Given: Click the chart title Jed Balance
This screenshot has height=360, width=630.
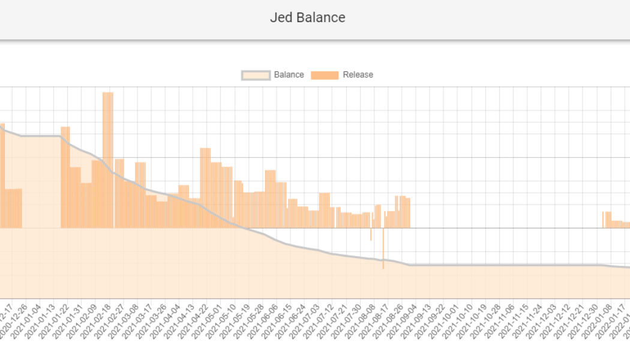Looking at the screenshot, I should (x=307, y=17).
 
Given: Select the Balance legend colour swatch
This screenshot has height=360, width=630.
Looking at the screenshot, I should (x=256, y=75).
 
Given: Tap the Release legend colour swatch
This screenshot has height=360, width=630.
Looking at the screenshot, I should (x=325, y=75).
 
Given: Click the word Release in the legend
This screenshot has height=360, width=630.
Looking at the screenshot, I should (x=358, y=75).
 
